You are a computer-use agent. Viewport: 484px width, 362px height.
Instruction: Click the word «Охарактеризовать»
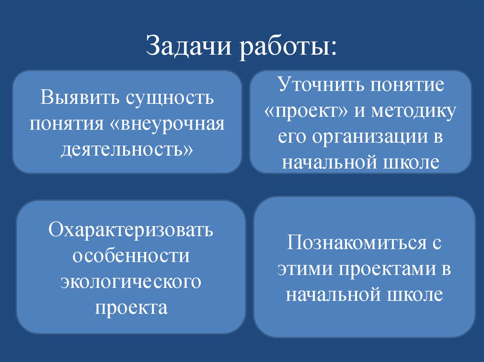(131, 231)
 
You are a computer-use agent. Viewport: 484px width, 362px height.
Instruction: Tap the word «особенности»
(131, 256)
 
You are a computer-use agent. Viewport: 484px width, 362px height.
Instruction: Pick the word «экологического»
(131, 282)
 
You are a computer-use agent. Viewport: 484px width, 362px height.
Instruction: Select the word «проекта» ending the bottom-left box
(131, 308)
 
